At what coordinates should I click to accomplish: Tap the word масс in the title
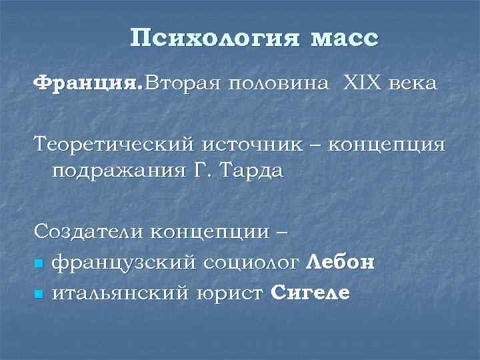(343, 38)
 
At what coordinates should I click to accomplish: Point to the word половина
(279, 84)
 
